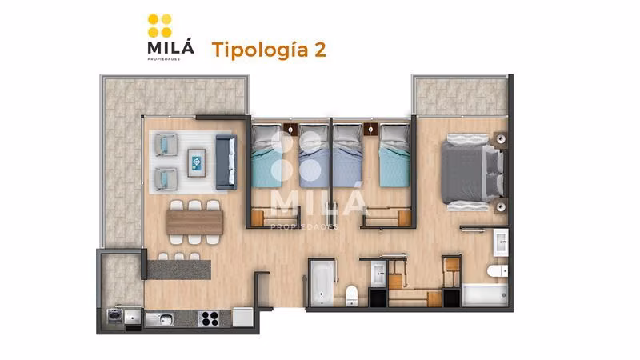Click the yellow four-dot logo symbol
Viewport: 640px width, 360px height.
(159, 26)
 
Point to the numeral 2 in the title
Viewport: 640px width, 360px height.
(320, 50)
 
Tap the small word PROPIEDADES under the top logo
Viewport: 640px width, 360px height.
(164, 58)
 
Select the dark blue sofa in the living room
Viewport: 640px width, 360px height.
(226, 162)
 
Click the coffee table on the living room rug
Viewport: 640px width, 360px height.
(196, 163)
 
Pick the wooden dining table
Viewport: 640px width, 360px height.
(194, 222)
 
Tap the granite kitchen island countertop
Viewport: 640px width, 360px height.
(178, 270)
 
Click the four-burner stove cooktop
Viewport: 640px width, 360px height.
(210, 318)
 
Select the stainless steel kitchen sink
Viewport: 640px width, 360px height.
(159, 319)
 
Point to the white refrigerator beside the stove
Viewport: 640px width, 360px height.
(243, 317)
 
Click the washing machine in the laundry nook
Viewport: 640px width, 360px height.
(114, 315)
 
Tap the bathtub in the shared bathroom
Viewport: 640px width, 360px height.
(322, 283)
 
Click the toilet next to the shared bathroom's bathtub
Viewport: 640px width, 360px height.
(351, 295)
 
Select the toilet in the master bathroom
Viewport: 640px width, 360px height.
(498, 270)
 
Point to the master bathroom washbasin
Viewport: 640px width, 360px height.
(501, 242)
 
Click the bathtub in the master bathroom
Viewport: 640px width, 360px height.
(485, 294)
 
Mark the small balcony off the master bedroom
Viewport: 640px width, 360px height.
(461, 96)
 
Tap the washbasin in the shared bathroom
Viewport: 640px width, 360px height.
(378, 274)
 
